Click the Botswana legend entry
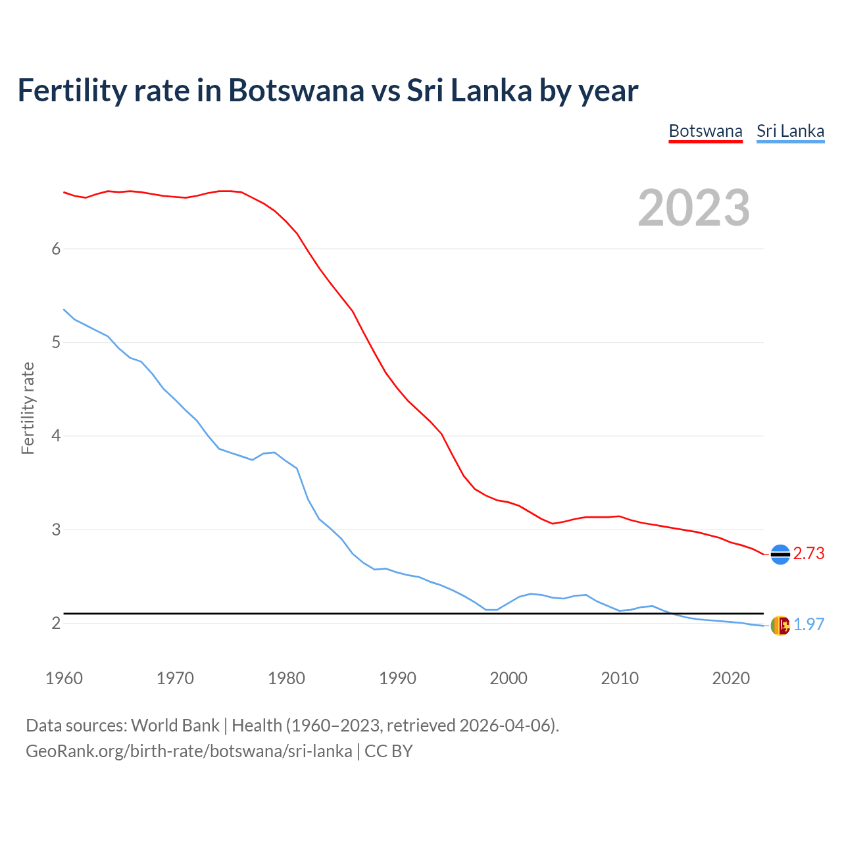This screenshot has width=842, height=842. tap(705, 131)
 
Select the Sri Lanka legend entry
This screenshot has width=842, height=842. tap(790, 131)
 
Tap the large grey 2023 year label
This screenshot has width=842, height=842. tap(694, 208)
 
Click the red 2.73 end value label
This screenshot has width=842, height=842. tap(808, 554)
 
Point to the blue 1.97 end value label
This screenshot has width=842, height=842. tap(808, 625)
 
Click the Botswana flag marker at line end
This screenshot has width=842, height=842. tap(780, 555)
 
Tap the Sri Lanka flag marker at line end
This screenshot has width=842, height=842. tap(780, 626)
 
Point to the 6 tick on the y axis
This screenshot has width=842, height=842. tap(56, 249)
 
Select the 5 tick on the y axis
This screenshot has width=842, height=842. tap(56, 343)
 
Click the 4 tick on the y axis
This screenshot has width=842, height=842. tap(56, 436)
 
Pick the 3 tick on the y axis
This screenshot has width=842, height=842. tap(56, 530)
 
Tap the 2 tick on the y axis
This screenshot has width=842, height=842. tap(56, 623)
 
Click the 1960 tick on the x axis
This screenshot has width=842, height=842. tap(64, 678)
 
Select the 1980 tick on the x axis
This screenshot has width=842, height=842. tap(286, 678)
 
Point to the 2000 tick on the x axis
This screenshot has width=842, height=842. tap(508, 678)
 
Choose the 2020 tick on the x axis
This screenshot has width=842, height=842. tap(731, 678)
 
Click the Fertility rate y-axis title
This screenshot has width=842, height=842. tap(28, 408)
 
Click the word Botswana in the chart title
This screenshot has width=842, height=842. tap(295, 91)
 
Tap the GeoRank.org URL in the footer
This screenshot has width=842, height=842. tap(189, 751)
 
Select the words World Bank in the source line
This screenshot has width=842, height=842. tap(175, 726)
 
